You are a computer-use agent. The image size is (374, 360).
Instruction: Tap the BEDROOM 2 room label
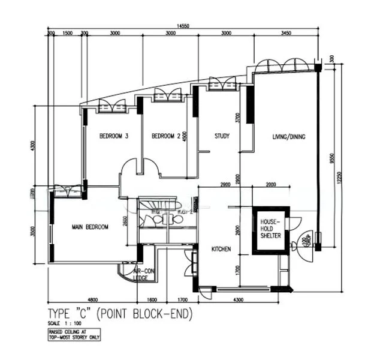pyautogui.click(x=166, y=136)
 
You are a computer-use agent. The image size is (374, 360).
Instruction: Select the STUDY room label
pyautogui.click(x=222, y=136)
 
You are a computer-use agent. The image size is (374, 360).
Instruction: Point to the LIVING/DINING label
pyautogui.click(x=289, y=137)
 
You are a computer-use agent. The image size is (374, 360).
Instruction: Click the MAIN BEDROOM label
pyautogui.click(x=90, y=227)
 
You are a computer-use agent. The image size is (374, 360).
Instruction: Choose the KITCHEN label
pyautogui.click(x=221, y=248)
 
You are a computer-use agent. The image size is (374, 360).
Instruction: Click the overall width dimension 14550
pyautogui.click(x=183, y=26)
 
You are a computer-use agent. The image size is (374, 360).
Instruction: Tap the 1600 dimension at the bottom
pyautogui.click(x=152, y=299)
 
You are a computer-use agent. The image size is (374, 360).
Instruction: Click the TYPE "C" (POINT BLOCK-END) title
pyautogui.click(x=120, y=313)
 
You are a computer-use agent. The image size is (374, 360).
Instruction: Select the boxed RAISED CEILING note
pyautogui.click(x=74, y=334)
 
